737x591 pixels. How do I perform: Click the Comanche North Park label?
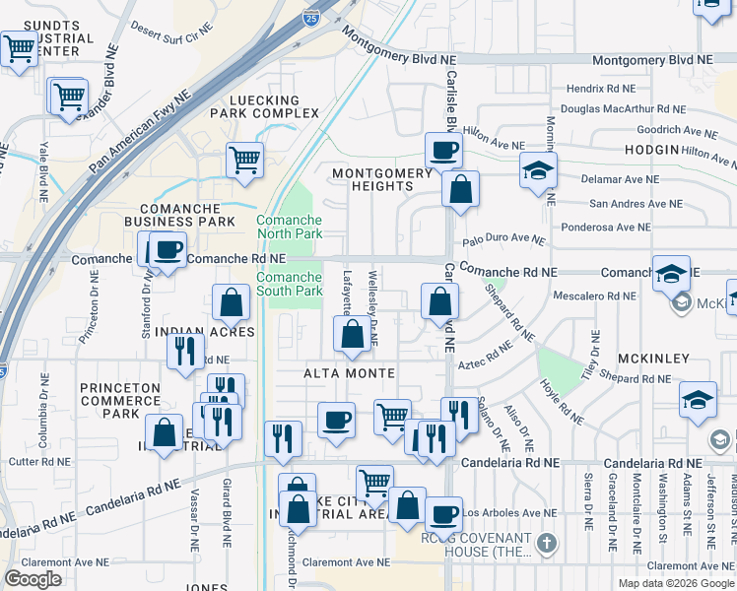click(x=290, y=227)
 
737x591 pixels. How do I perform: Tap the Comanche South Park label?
click(x=290, y=284)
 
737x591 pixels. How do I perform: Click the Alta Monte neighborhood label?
click(x=349, y=373)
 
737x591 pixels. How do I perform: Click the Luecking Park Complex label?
click(x=264, y=106)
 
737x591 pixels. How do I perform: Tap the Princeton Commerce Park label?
click(x=120, y=401)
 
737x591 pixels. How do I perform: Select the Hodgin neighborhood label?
click(x=651, y=149)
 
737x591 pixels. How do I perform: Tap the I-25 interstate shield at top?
click(x=311, y=45)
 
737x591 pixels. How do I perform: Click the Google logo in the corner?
click(x=33, y=579)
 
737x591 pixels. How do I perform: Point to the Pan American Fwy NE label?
click(x=138, y=126)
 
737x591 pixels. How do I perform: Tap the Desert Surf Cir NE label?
click(x=172, y=30)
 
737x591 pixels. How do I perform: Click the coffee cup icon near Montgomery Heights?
click(x=442, y=151)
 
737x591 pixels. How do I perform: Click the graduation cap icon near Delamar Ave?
click(x=538, y=169)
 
